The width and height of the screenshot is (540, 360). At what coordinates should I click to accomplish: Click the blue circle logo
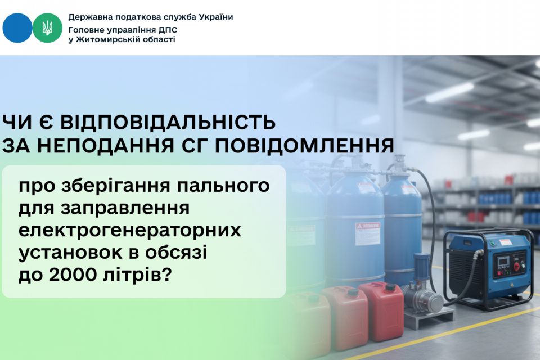(x=17, y=28)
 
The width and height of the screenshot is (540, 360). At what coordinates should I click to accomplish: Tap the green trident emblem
(x=47, y=28)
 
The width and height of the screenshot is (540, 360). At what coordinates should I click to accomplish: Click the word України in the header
(x=216, y=17)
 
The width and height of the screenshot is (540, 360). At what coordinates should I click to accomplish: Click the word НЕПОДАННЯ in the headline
(x=92, y=146)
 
